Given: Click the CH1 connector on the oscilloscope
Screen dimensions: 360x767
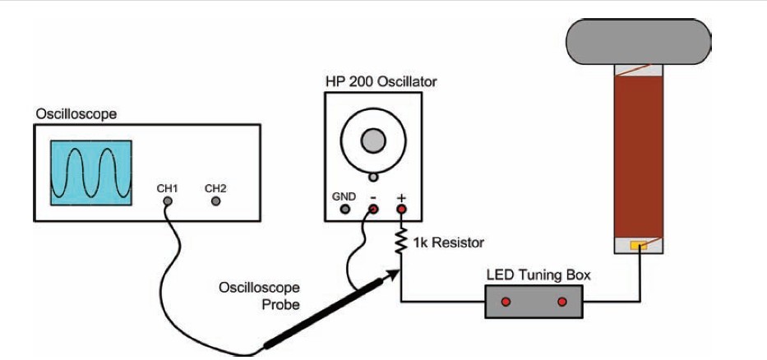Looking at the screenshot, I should coord(167,200).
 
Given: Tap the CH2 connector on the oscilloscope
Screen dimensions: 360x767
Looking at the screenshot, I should coord(215,200).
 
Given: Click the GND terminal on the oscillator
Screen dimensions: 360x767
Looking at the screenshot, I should coord(345,210).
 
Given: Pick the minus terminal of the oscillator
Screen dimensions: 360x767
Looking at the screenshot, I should coord(373,210).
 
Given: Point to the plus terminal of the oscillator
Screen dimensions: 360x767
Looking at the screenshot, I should coord(402,210).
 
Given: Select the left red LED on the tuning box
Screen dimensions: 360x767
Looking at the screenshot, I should coord(506,302).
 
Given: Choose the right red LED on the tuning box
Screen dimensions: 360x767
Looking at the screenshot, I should coord(562,302).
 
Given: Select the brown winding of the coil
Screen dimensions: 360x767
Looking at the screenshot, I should coord(639,156).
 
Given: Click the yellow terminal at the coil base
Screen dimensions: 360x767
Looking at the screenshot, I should coord(638,245).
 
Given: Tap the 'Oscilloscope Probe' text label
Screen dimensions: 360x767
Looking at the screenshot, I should coord(259,294).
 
